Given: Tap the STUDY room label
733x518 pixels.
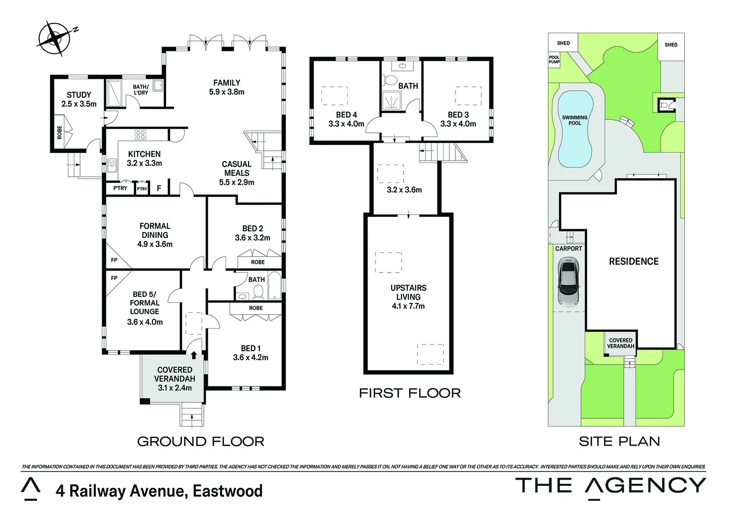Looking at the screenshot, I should (x=79, y=99).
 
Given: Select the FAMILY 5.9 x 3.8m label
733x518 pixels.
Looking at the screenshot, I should (x=226, y=87).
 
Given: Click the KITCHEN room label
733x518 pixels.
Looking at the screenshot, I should (x=144, y=158).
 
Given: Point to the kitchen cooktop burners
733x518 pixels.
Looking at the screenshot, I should (x=141, y=135).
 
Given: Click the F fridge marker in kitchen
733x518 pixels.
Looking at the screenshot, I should (x=159, y=189).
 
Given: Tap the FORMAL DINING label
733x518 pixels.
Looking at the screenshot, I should (x=154, y=235).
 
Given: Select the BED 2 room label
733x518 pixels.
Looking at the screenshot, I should (x=252, y=233).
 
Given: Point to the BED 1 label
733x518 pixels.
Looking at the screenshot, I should (x=250, y=353).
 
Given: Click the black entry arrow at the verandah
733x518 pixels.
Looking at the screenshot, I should (x=194, y=355).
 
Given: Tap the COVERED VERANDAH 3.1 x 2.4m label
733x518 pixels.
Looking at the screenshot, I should (x=175, y=378).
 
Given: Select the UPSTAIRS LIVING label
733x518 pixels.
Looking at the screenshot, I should (x=408, y=296).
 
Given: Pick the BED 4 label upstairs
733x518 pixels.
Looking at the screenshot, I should (x=346, y=119).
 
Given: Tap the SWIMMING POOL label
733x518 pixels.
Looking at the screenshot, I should (x=575, y=120).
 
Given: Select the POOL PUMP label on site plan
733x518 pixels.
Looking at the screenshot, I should (x=554, y=60).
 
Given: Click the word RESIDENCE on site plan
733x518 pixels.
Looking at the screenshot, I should (x=634, y=261).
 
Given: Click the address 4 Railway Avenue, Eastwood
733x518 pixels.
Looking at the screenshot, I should (x=159, y=491).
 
